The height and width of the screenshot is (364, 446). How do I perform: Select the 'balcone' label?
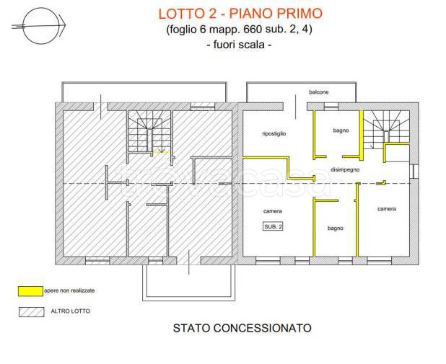coord(319,93)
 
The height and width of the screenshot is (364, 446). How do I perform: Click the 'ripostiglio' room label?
coord(274,134)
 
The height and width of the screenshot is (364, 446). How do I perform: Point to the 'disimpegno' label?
coord(344,169)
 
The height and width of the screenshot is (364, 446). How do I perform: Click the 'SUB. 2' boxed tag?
coord(274,226)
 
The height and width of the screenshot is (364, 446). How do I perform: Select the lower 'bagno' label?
coord(335,228)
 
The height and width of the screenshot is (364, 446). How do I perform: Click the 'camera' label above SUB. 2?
coord(272,211)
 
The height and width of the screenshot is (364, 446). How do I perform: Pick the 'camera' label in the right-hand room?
coord(386,209)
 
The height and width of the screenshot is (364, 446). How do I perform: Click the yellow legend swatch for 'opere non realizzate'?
coord(29,290)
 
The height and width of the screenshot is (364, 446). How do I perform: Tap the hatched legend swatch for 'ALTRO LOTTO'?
coord(29,313)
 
